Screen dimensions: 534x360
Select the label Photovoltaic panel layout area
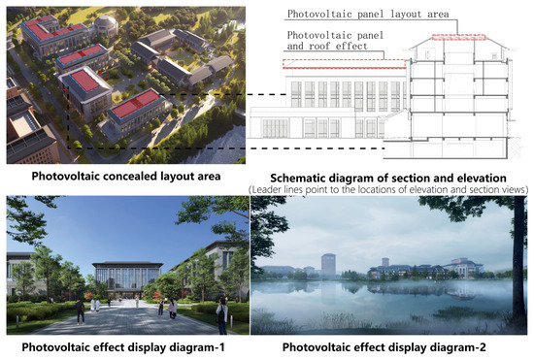368,14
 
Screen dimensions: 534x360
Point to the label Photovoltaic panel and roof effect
335,40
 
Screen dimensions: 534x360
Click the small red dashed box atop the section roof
458,37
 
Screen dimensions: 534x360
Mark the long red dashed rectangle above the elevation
345,64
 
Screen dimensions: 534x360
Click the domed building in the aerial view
105,26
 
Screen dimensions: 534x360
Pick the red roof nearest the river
136,103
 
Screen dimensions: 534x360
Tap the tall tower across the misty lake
328,264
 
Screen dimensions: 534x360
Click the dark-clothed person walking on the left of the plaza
81,311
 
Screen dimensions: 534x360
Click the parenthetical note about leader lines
388,190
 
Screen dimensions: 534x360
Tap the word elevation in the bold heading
482,178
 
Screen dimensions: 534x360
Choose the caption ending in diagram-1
123,347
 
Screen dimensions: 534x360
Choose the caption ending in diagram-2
384,347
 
